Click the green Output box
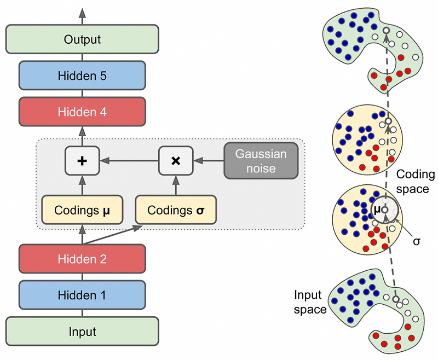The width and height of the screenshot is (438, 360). [82, 40]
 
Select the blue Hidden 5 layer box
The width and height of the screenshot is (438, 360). [82, 76]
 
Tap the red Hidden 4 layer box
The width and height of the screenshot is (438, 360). [82, 112]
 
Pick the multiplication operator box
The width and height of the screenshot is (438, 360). [175, 160]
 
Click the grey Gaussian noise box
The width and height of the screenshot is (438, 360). [261, 161]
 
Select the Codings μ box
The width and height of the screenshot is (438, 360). [80, 210]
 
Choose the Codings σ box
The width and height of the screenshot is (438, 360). [175, 210]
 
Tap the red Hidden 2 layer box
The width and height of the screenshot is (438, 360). [82, 259]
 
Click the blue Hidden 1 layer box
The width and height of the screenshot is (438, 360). [82, 295]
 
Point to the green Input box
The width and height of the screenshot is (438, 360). [82, 331]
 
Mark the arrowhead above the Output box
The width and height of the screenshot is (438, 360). [83, 13]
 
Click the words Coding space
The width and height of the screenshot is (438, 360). [415, 182]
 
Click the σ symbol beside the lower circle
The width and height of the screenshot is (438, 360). [416, 241]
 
